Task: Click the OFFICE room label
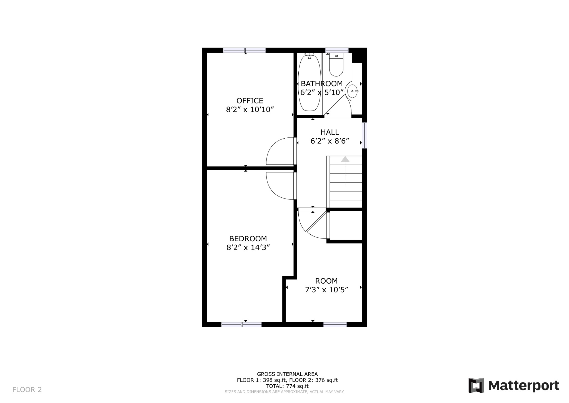coord(250,100)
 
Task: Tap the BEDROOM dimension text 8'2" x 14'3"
coord(248,247)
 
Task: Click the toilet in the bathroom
coord(336,65)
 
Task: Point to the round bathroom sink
coord(352,91)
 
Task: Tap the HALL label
coord(330,132)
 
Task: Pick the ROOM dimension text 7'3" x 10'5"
coord(326,290)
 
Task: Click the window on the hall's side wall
coord(365,136)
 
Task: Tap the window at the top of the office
coord(244,50)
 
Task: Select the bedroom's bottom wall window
coord(242,325)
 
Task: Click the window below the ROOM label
coord(335,325)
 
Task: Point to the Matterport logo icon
coord(476,385)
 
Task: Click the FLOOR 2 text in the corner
coord(27,390)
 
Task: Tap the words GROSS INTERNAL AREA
coord(287,374)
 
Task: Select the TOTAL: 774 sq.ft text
coord(287,386)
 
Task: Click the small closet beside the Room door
coord(346,225)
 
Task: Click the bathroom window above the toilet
coord(336,50)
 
